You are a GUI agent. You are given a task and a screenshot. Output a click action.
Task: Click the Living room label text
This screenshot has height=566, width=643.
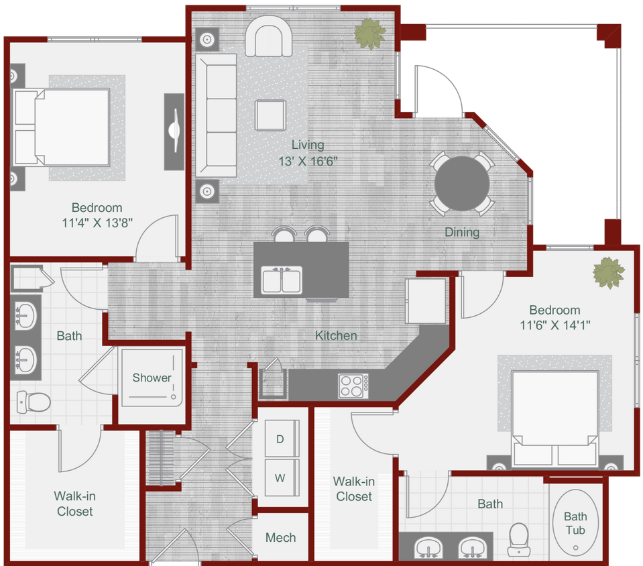tap(308, 145)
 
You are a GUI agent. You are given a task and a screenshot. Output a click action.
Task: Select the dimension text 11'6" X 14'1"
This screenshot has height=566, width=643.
tap(554, 326)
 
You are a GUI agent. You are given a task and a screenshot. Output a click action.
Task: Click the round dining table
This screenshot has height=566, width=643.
tap(462, 184)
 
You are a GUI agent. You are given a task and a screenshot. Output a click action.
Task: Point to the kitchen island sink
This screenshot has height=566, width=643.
tap(282, 280)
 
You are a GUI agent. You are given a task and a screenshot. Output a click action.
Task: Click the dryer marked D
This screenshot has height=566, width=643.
tap(280, 439)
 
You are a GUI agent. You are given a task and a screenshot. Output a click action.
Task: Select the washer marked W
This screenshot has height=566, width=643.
tap(280, 478)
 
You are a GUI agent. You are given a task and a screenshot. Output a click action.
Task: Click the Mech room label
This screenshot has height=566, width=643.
tap(280, 537)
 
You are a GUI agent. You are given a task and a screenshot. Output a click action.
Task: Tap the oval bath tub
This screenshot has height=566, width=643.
tap(575, 523)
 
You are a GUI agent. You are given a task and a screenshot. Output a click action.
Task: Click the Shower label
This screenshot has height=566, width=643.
tap(152, 378)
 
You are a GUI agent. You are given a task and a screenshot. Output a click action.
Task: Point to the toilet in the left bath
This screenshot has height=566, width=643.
tap(33, 402)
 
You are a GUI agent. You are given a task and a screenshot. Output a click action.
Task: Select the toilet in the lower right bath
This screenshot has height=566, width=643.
tap(519, 539)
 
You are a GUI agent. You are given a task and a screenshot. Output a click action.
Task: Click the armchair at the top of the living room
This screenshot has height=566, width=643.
tap(268, 38)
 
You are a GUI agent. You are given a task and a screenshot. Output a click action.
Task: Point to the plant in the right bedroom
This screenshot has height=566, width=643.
tap(609, 272)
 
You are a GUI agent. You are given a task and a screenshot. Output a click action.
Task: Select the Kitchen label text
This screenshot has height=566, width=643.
tap(336, 335)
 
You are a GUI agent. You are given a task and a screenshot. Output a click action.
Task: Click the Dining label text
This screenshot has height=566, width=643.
tap(462, 233)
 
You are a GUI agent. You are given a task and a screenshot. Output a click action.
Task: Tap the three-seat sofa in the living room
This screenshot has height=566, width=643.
tap(217, 115)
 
